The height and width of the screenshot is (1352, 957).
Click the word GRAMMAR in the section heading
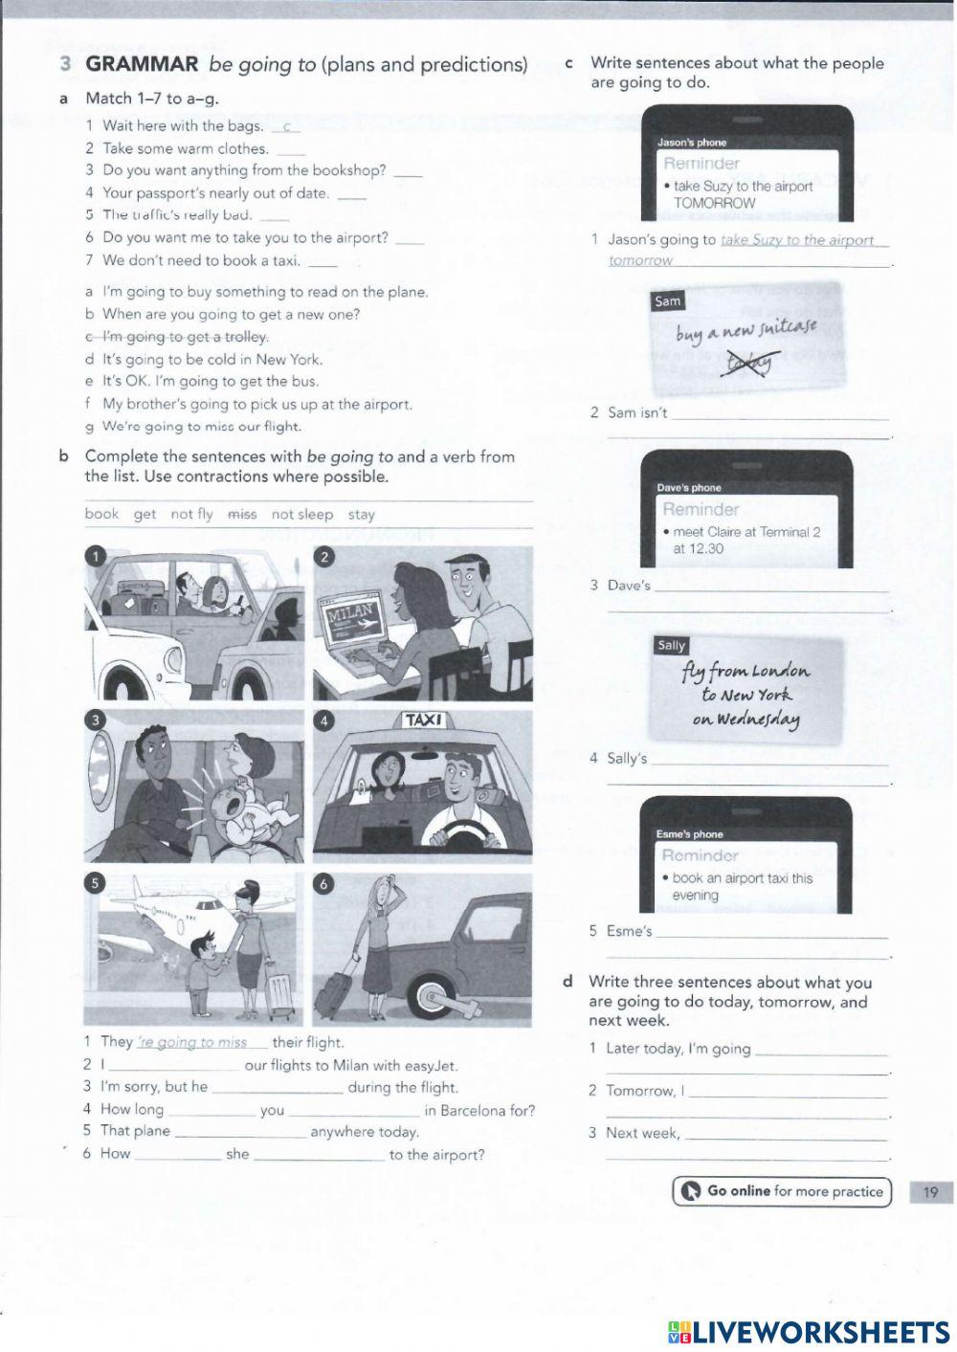[142, 64]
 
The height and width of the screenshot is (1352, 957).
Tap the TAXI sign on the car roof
[422, 720]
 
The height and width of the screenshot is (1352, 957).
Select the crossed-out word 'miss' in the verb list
[242, 515]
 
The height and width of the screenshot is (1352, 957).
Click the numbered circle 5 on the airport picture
[95, 883]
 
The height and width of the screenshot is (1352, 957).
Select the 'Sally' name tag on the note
[672, 646]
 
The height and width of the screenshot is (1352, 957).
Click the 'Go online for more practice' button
[782, 1191]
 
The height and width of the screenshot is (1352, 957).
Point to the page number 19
[930, 1192]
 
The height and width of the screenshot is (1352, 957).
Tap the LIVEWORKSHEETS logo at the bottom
[809, 1332]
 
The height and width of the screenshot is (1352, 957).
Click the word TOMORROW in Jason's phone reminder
[714, 203]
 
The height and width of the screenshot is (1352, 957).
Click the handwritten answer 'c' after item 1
[286, 126]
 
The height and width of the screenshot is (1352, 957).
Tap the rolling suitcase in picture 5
[279, 994]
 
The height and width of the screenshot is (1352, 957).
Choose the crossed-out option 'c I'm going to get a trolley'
[177, 337]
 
